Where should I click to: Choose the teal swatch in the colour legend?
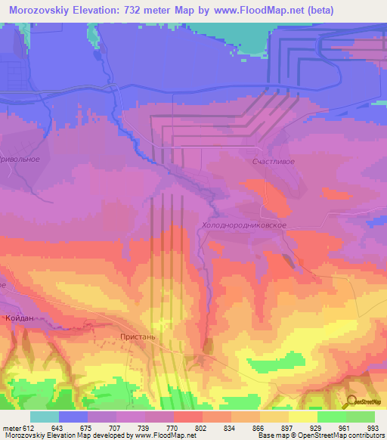click(x=45, y=417)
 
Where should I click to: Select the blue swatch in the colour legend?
click(x=73, y=417)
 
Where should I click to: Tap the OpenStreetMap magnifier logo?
click(x=351, y=403)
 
